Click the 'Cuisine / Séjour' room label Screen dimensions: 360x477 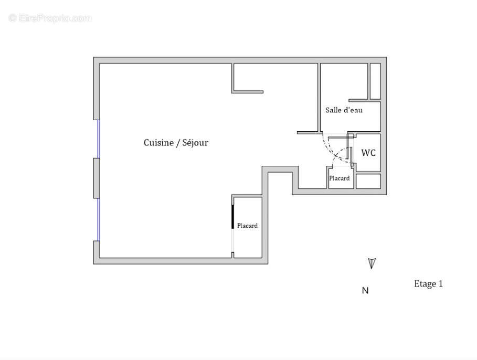click(176, 143)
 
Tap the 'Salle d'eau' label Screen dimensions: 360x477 click(344, 110)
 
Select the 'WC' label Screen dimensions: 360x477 click(368, 153)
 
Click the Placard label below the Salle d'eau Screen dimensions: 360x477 click(340, 178)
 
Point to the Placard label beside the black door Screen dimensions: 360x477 click(247, 226)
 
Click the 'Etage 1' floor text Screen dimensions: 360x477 click(428, 284)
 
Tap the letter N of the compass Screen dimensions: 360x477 click(365, 291)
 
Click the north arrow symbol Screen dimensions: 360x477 click(372, 263)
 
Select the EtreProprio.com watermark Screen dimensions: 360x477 click(50, 18)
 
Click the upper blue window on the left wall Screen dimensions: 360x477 click(98, 139)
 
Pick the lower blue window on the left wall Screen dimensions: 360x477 click(98, 219)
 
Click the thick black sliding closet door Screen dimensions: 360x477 click(233, 216)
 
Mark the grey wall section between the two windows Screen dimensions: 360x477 click(97, 178)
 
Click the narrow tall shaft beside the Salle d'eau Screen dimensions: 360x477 click(375, 81)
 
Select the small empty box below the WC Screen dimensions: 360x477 click(368, 181)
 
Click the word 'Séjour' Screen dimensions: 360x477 click(195, 143)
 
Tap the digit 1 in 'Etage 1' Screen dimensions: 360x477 click(440, 284)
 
